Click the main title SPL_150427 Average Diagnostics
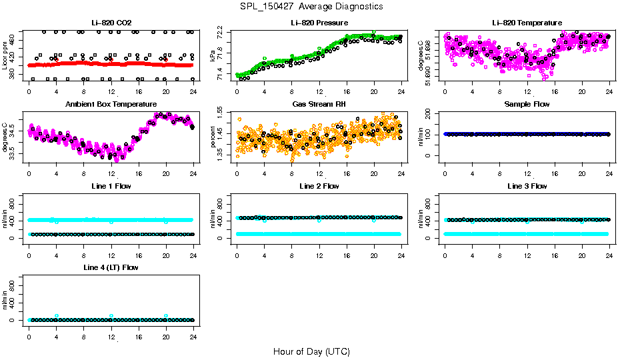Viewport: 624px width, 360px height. (312, 6)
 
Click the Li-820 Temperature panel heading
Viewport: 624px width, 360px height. (527, 23)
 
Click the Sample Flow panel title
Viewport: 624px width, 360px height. (527, 104)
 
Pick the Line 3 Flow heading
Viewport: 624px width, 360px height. (527, 186)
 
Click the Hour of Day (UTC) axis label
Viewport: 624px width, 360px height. (311, 351)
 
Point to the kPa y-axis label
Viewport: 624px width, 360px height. (213, 56)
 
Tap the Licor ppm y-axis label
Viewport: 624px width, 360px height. (5, 56)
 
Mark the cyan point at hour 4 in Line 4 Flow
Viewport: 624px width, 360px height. (57, 316)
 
